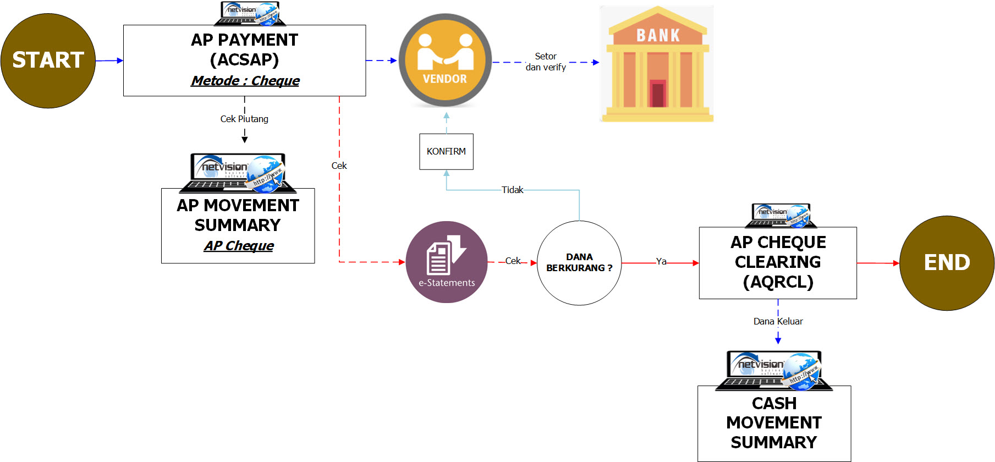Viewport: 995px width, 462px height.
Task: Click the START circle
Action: tap(48, 61)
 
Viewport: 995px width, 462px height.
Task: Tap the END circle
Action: tap(947, 263)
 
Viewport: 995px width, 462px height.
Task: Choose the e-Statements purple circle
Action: tap(446, 262)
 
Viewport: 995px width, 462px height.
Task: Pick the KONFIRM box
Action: tap(446, 151)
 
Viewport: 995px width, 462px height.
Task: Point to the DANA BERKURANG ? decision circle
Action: tap(579, 263)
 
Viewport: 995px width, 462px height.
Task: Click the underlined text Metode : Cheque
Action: tap(245, 81)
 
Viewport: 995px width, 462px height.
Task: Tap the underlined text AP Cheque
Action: tap(239, 246)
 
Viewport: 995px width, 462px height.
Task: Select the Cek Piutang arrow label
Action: tap(244, 119)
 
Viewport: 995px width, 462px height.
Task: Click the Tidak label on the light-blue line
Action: tap(512, 190)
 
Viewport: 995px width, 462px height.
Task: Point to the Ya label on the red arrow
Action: tap(661, 262)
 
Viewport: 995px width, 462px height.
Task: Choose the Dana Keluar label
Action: tap(778, 321)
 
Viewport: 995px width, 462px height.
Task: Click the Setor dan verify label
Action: tap(546, 62)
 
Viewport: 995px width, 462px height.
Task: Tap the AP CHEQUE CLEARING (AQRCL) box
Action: tap(778, 262)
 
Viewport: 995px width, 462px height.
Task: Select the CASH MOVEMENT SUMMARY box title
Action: tap(774, 422)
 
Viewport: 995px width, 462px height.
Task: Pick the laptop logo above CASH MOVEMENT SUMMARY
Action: tap(774, 370)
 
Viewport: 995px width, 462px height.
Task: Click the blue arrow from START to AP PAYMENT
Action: tap(109, 61)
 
